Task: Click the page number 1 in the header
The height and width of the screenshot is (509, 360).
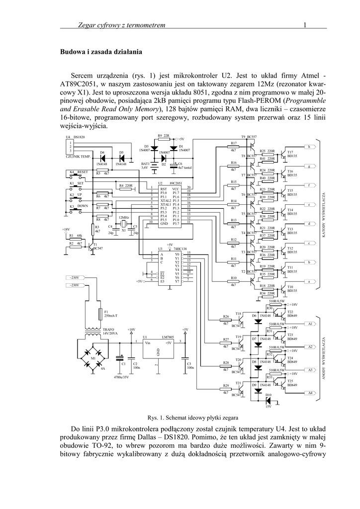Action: click(x=304, y=25)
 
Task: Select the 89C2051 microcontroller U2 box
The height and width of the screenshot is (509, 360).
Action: click(x=169, y=206)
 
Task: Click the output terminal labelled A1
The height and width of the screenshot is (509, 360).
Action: click(x=310, y=324)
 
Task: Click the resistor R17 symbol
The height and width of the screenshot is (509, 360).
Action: click(x=233, y=147)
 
